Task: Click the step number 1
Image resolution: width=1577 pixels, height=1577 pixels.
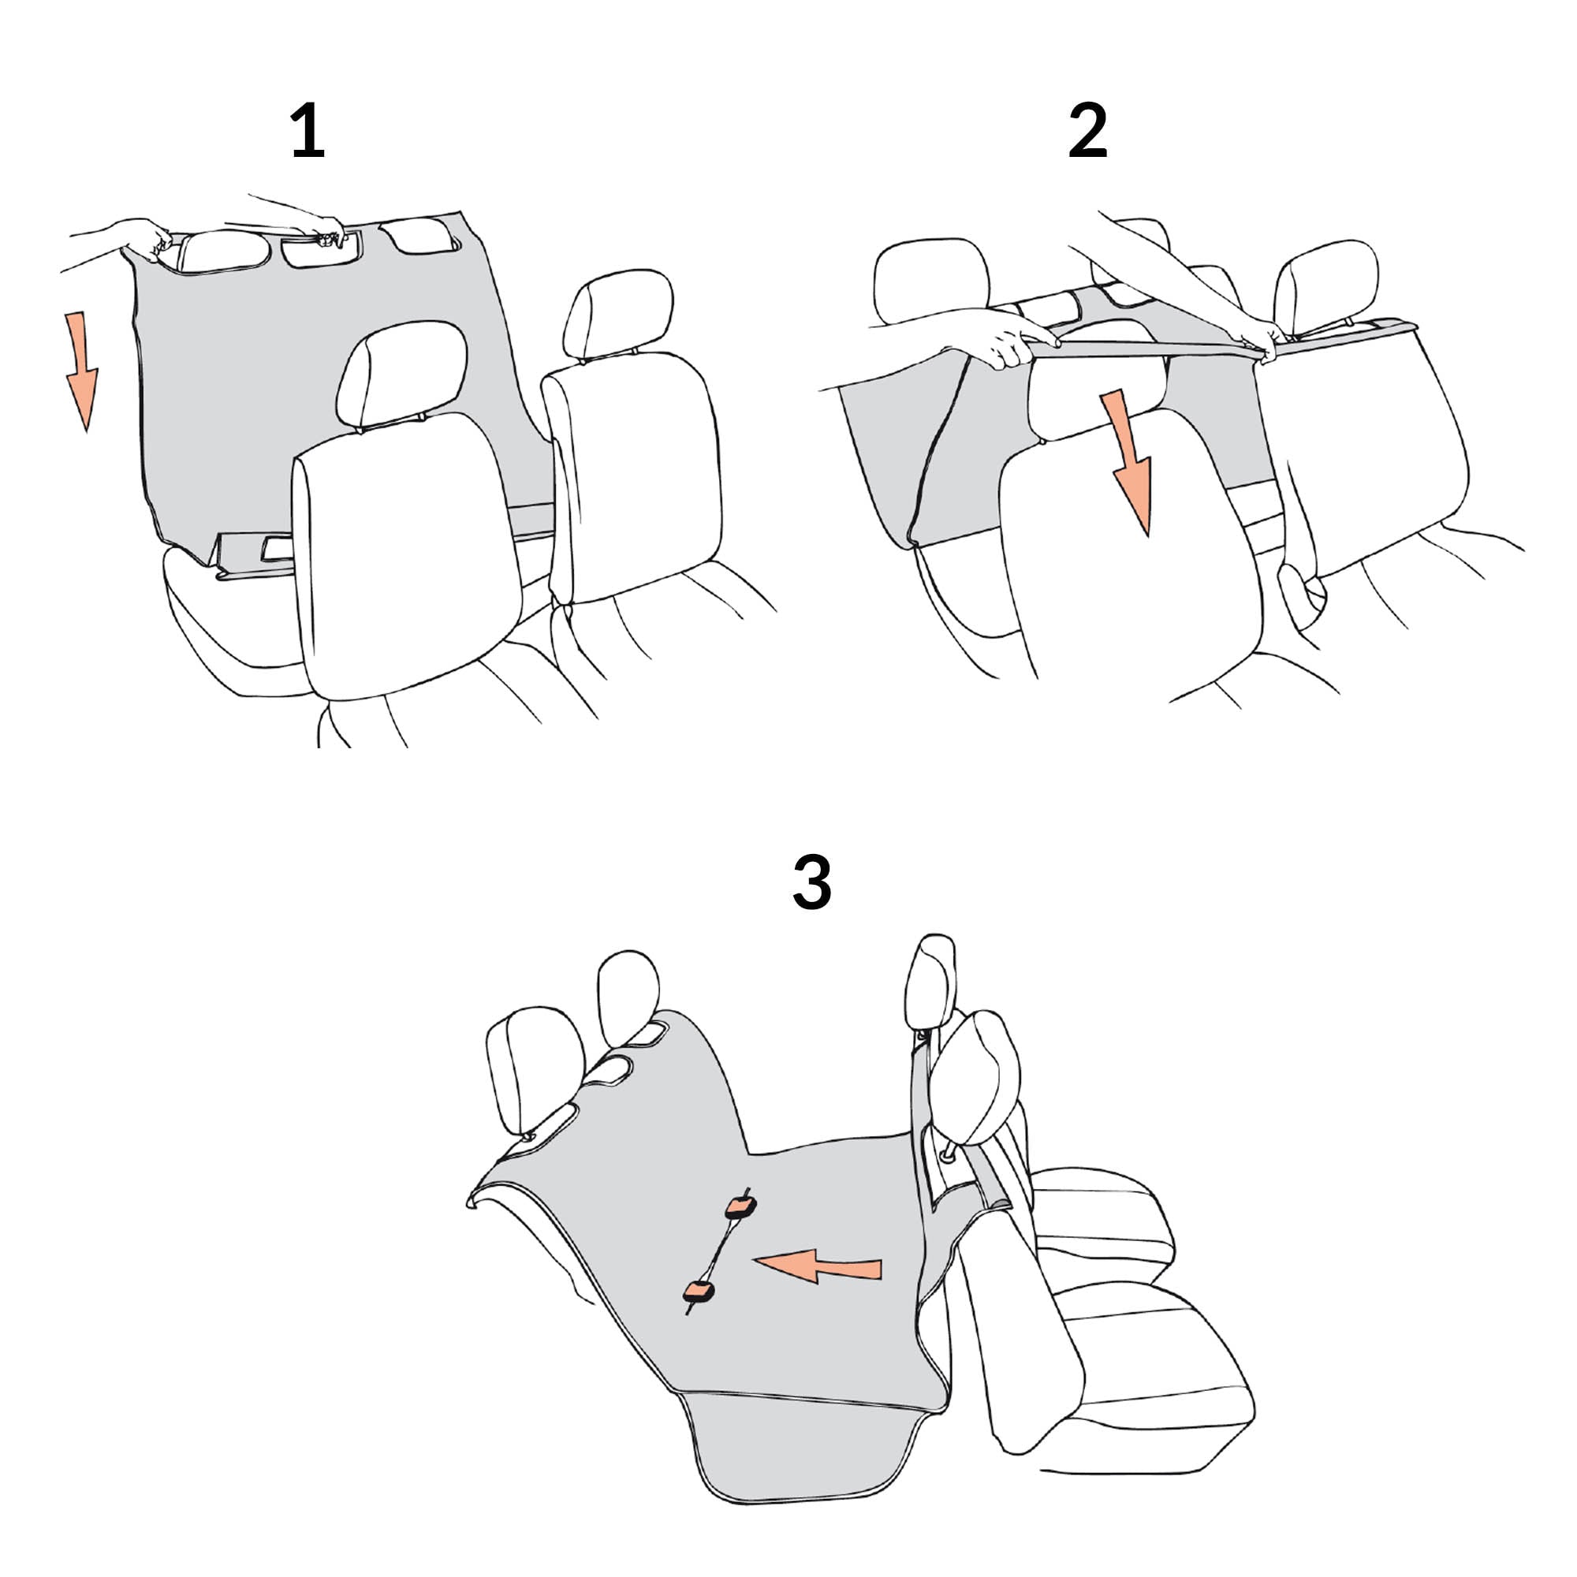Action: point(308,130)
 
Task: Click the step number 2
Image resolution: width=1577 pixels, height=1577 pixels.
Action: point(1088,130)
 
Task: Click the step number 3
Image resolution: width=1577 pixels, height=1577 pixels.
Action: point(812,883)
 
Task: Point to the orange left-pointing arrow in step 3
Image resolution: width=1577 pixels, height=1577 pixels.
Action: point(816,1266)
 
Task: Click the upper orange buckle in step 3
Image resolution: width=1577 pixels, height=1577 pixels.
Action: point(740,1206)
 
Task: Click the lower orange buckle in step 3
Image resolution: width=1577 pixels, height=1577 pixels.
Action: point(699,1292)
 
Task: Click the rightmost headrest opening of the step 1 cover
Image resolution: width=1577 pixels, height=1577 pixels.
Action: point(419,234)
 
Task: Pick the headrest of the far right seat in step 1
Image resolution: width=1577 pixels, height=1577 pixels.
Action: point(618,315)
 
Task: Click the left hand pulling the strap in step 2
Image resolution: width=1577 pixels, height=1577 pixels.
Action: point(1008,338)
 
